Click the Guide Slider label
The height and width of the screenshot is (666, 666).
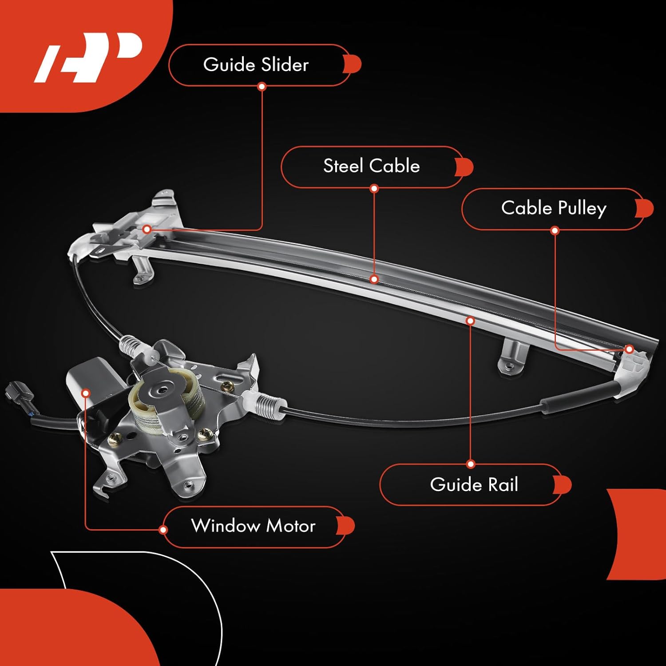pyautogui.click(x=256, y=65)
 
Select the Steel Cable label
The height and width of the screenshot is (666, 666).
pyautogui.click(x=371, y=166)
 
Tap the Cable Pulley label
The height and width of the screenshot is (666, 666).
pyautogui.click(x=553, y=208)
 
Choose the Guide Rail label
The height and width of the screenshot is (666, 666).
pyautogui.click(x=474, y=484)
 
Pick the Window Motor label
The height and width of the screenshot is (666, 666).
pyautogui.click(x=253, y=526)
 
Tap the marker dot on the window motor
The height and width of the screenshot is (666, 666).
pyautogui.click(x=86, y=393)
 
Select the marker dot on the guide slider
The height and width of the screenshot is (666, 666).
pyautogui.click(x=147, y=229)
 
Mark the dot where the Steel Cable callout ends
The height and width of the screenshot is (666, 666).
pyautogui.click(x=374, y=279)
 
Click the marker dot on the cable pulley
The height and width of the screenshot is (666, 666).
pyautogui.click(x=629, y=349)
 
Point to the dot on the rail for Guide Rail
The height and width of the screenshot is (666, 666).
pyautogui.click(x=471, y=321)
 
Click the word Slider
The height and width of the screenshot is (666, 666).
pyautogui.click(x=285, y=65)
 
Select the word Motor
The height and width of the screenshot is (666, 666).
pyautogui.click(x=291, y=526)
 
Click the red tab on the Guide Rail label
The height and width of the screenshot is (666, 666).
pyautogui.click(x=563, y=485)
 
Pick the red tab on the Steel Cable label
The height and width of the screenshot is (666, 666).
pyautogui.click(x=464, y=167)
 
